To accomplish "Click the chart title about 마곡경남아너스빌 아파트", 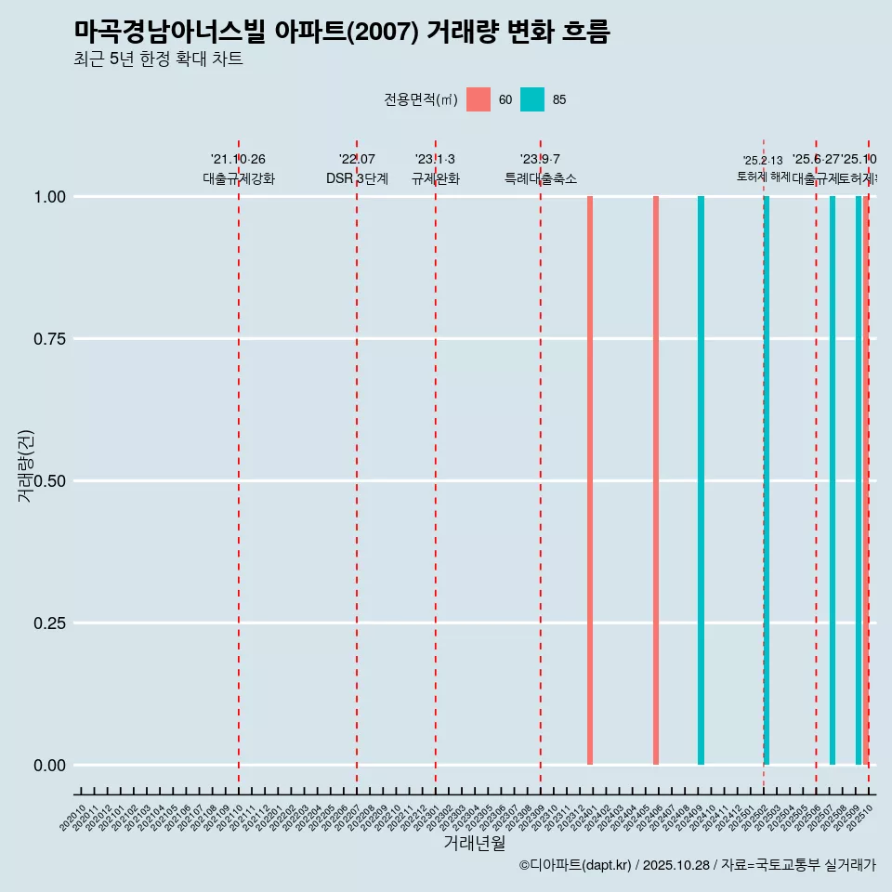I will coord(341,33).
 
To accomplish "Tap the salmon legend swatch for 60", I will coord(478,99).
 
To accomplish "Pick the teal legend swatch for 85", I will coord(531,99).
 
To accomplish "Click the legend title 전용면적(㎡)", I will coord(420,99).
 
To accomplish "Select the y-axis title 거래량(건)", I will coord(26,466).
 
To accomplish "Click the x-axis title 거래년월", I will coord(474,843).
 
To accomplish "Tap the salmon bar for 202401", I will coord(590,480).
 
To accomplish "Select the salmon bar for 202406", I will coord(656,480).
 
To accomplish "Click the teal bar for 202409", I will coord(701,480).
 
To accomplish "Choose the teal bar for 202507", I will coord(833,480).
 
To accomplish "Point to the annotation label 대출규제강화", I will coord(239,178).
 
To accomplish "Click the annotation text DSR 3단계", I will coord(357,178).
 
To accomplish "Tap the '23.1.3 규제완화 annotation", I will coord(435,169).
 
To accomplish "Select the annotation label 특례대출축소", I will coord(541,178).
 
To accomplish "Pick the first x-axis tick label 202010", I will coord(73,818).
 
